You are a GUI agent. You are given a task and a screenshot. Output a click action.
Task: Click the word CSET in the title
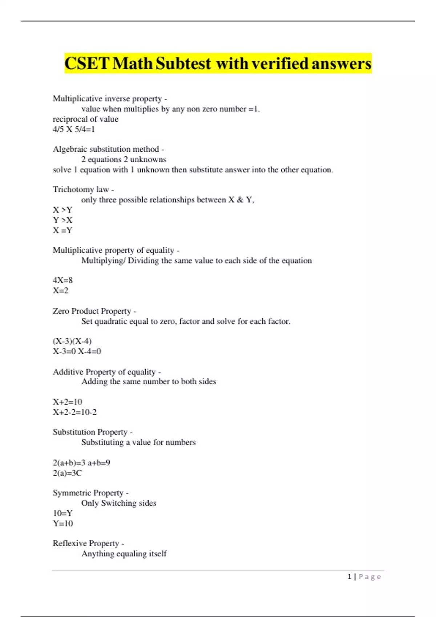(x=87, y=64)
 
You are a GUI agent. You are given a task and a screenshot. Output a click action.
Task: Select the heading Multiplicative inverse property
(x=107, y=99)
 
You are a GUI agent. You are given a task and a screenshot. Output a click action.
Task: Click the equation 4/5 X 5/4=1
(x=74, y=129)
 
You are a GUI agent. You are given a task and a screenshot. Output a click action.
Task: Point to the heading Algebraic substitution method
(x=106, y=149)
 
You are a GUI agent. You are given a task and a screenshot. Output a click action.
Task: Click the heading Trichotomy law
(x=81, y=189)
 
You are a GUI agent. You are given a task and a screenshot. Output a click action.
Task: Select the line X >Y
(x=62, y=210)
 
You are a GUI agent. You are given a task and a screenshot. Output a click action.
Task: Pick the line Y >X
(x=62, y=220)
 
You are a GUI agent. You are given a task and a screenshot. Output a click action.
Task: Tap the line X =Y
(x=62, y=230)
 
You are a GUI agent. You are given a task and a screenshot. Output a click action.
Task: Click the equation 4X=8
(x=62, y=280)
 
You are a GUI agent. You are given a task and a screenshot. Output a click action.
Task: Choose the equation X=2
(x=60, y=290)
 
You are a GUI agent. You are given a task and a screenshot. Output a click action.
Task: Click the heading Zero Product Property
(x=92, y=311)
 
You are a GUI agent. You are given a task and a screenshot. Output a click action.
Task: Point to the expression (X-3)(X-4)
(x=72, y=341)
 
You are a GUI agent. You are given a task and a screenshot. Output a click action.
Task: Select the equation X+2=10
(x=68, y=402)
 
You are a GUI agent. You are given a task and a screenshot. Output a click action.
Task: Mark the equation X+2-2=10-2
(x=75, y=412)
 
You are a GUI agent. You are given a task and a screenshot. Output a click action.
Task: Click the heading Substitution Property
(x=90, y=432)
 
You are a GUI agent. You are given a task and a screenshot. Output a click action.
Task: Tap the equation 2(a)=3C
(x=67, y=473)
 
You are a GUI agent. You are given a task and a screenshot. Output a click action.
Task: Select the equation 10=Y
(x=62, y=513)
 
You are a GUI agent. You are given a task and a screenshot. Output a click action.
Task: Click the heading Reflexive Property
(x=86, y=543)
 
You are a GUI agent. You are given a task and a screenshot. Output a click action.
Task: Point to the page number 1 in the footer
(x=350, y=577)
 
